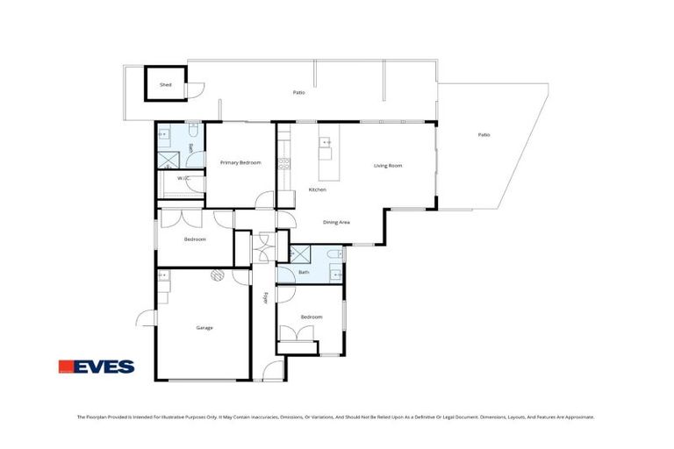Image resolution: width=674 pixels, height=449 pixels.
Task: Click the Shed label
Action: (x=165, y=85)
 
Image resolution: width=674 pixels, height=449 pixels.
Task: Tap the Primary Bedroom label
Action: (x=240, y=162)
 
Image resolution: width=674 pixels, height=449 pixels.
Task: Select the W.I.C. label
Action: (x=183, y=179)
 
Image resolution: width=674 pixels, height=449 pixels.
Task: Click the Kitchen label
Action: (x=317, y=190)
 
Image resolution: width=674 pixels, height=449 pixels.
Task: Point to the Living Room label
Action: (x=387, y=165)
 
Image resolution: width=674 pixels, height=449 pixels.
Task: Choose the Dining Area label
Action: (x=336, y=223)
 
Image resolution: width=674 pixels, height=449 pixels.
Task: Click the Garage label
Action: (x=204, y=328)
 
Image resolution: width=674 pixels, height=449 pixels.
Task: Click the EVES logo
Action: (x=96, y=367)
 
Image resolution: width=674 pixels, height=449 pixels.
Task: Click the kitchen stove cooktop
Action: (x=283, y=162)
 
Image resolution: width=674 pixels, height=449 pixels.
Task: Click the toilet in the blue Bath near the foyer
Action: (x=329, y=255)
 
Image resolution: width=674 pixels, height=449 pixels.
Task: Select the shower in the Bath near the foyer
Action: (x=299, y=255)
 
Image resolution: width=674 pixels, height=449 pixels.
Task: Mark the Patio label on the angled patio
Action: (x=484, y=135)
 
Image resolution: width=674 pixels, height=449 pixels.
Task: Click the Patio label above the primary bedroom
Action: (x=298, y=92)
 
